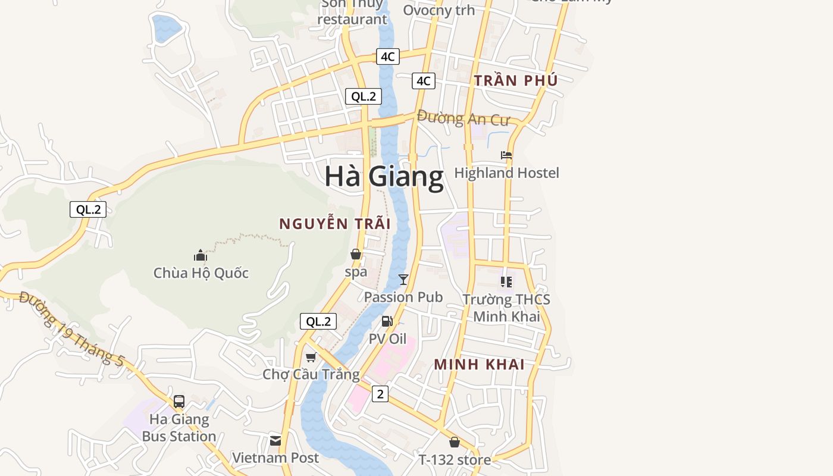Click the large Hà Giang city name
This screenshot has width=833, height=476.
[384, 177]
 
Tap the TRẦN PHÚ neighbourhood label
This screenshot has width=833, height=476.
[516, 80]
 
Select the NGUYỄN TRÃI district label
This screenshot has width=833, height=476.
[335, 224]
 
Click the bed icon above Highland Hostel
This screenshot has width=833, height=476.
[506, 155]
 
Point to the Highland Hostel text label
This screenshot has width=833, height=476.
[506, 173]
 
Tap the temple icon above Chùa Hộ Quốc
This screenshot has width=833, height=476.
[201, 256]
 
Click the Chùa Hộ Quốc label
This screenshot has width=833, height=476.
[201, 273]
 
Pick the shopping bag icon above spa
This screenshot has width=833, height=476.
[356, 255]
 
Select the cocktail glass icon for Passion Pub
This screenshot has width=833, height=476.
[403, 279]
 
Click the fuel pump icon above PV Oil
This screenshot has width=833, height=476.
[387, 322]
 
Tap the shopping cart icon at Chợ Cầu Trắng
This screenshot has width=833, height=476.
[311, 357]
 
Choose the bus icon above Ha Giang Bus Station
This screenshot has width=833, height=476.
[179, 402]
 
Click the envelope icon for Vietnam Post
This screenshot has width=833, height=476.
[275, 441]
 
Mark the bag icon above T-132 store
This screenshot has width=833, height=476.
[455, 442]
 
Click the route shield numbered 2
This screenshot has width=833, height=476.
[380, 393]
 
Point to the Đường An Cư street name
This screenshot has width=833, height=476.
[464, 118]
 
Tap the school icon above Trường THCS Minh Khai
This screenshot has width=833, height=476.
[506, 282]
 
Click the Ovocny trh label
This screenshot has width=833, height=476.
[439, 10]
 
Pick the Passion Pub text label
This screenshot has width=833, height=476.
[403, 297]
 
